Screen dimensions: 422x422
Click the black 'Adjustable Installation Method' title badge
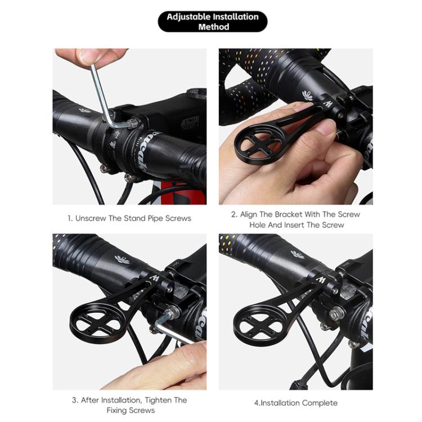click(x=212, y=21)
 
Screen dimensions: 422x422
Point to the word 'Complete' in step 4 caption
click(x=320, y=403)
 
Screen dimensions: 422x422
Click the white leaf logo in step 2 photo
click(x=308, y=95)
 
